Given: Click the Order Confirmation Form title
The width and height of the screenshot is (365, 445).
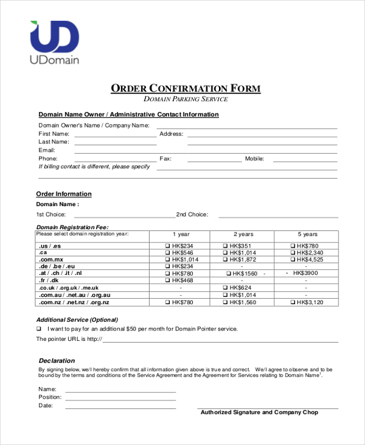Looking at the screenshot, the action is pos(186,88).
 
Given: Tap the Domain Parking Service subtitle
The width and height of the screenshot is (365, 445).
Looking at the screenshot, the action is pos(186,99).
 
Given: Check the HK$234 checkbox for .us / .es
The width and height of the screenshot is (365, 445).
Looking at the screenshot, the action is pos(169,246).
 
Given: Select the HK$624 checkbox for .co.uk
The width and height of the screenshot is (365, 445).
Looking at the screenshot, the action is pos(226,288).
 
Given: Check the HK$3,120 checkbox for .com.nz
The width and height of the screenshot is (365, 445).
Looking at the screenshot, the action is pos(293,302).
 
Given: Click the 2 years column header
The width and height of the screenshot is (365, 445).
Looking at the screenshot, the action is pos(244,234).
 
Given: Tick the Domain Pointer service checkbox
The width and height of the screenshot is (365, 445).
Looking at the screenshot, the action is pos(39,329).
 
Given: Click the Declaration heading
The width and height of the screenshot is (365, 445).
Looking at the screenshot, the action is pos(57,360).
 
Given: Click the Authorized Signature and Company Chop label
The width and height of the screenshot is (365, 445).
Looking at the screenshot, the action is pos(259,413).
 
